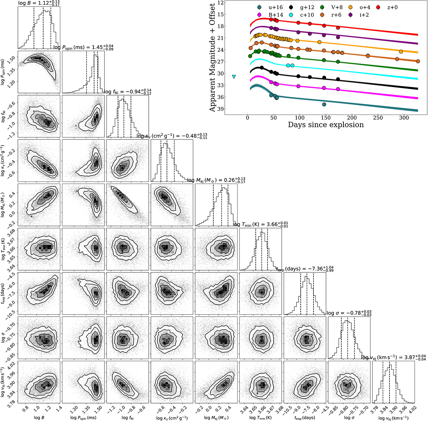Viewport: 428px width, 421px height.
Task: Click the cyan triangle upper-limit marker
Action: click(x=234, y=77)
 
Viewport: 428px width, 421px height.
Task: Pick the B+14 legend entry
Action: click(x=269, y=15)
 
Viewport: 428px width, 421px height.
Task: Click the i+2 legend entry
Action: click(x=358, y=15)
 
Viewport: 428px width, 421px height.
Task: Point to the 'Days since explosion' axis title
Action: click(x=326, y=124)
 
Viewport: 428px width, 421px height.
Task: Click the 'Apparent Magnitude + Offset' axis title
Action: click(x=212, y=57)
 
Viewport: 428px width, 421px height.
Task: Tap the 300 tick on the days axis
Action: click(x=404, y=118)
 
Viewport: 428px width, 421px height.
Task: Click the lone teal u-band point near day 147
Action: click(x=324, y=104)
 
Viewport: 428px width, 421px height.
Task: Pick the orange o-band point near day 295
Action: click(x=401, y=52)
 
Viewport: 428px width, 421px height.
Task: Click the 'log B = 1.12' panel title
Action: click(x=39, y=3)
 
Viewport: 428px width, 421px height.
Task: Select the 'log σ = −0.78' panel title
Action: click(x=349, y=313)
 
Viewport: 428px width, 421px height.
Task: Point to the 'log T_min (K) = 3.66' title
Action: click(x=260, y=225)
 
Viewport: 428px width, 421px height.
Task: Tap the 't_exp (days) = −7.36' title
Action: click(x=305, y=269)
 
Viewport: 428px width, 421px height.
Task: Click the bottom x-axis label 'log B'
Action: click(x=39, y=417)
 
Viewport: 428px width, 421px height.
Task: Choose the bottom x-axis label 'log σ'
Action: click(x=349, y=417)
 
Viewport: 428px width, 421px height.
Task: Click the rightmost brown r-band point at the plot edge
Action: click(x=418, y=61)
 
